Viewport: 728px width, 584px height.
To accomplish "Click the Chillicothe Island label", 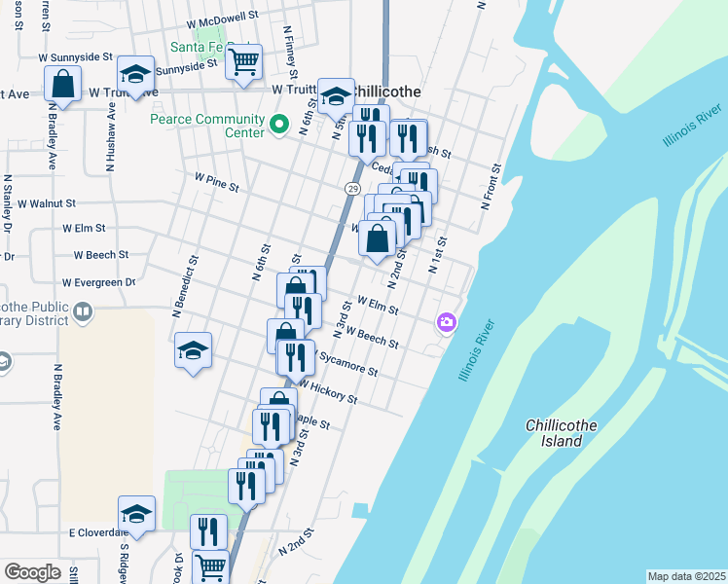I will coord(566,433).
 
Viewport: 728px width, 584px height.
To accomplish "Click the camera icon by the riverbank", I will coord(447,321).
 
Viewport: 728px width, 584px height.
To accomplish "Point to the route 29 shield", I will coord(352,188).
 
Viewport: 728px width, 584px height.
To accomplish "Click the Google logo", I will coord(32,572).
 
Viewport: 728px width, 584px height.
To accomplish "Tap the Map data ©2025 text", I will coord(686,576).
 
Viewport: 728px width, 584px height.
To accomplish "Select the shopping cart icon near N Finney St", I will coord(243,61).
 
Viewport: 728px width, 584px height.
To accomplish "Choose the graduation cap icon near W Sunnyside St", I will coord(136,73).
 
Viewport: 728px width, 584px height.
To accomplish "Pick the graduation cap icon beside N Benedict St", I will coord(194,350).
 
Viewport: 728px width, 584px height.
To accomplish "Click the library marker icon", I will coord(83,312).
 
